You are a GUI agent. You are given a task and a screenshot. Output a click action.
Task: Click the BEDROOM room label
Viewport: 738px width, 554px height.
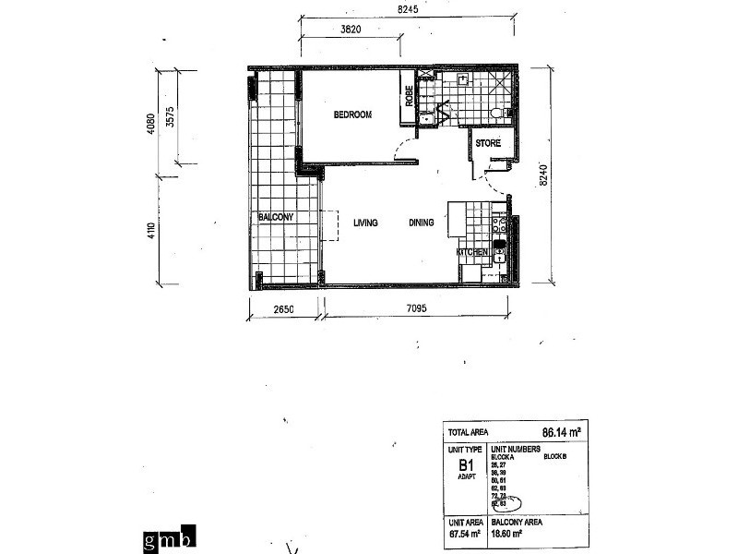point(352,114)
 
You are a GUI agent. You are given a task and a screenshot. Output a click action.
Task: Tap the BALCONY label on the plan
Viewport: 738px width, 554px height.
point(276,217)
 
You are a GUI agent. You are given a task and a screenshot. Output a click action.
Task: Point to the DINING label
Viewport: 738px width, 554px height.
point(422,223)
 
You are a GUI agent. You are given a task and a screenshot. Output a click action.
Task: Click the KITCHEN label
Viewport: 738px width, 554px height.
point(471,252)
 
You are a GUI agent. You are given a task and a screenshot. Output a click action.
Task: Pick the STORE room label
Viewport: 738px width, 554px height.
point(488,143)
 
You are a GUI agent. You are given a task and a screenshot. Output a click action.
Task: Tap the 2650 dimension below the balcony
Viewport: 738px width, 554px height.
point(282,310)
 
